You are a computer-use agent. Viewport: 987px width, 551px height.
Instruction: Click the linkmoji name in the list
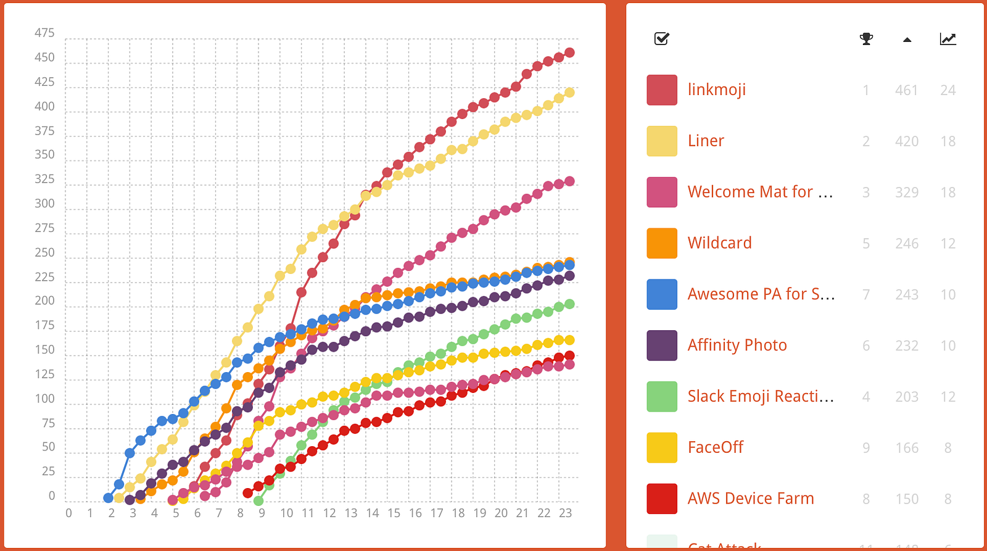coord(716,90)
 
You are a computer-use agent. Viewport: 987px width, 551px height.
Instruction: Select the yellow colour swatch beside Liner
coord(662,141)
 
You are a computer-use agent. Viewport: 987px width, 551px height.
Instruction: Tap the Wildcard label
coord(719,243)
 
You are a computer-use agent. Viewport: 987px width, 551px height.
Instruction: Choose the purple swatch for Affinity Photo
coord(662,346)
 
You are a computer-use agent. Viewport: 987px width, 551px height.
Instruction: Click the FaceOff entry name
coord(715,447)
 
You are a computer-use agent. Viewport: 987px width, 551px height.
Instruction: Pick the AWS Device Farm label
coord(751,499)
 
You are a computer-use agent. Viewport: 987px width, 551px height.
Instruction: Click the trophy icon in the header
coord(866,39)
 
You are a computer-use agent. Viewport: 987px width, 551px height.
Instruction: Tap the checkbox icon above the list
coord(661,39)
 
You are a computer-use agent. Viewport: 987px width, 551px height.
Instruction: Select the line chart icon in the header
coord(948,39)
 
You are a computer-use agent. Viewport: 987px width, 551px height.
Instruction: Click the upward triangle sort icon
coord(907,40)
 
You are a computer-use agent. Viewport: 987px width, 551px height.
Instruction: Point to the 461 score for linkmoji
coord(906,91)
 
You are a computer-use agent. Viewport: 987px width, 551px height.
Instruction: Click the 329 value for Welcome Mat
coord(906,193)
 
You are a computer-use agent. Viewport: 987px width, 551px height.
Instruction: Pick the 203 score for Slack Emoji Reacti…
coord(906,397)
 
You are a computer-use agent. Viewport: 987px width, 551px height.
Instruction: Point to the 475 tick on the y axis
coord(44,33)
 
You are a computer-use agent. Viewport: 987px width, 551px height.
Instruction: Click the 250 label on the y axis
coord(44,252)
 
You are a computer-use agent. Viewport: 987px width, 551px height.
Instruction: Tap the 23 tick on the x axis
coord(565,513)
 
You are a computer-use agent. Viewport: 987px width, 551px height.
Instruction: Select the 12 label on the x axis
coord(329,513)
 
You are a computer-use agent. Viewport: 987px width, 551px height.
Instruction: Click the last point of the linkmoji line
coord(569,53)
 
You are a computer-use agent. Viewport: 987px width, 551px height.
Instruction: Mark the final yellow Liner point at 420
coord(569,93)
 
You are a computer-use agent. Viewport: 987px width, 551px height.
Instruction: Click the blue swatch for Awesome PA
coord(662,294)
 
